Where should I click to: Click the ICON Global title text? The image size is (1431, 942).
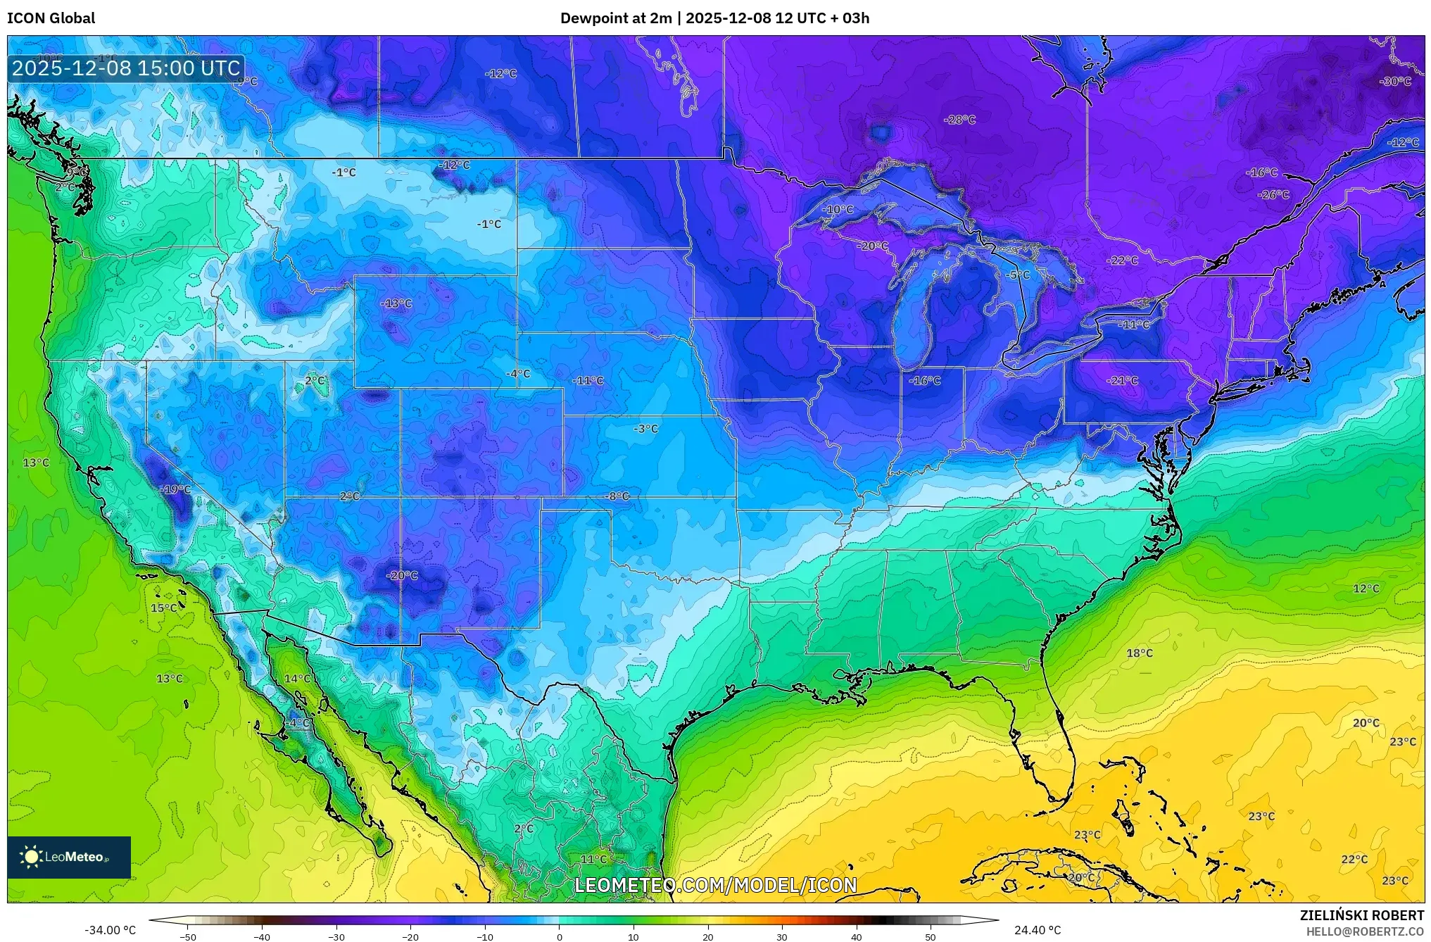click(51, 18)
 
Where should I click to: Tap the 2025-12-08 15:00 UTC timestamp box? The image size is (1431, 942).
click(126, 68)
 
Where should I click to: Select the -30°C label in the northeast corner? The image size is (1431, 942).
click(1395, 82)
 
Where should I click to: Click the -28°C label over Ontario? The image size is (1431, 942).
click(959, 120)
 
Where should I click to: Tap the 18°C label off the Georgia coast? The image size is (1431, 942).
click(1140, 653)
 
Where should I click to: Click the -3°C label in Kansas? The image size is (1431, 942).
click(645, 429)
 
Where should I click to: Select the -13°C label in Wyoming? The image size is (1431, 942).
click(396, 303)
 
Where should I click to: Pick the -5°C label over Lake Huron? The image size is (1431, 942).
click(1018, 275)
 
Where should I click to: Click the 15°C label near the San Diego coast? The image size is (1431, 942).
click(164, 608)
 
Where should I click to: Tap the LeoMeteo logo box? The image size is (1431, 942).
click(69, 857)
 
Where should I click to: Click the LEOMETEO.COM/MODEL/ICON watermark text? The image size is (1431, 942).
click(715, 885)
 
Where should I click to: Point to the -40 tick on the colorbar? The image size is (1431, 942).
click(262, 936)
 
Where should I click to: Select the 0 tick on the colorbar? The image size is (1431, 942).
click(559, 936)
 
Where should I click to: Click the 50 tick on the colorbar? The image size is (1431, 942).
click(931, 936)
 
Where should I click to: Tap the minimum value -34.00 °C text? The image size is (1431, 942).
click(111, 930)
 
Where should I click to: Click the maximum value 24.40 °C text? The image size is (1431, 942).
click(1038, 930)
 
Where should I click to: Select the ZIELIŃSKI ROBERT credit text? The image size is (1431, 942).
click(1361, 915)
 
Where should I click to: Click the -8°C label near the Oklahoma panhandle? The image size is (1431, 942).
click(617, 496)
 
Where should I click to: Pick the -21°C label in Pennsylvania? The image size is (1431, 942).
click(1122, 380)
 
